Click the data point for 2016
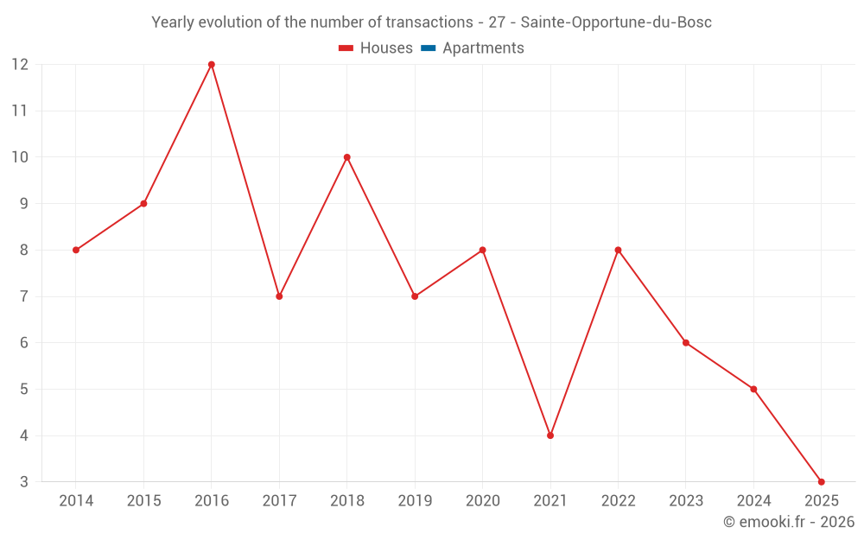coord(212,65)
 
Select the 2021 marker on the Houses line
coord(550,435)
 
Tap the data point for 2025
coord(821,482)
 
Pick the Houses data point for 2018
coord(347,157)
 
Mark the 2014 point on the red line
coord(76,250)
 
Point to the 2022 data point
coord(618,250)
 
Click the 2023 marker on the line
coord(686,343)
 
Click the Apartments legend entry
coord(483,48)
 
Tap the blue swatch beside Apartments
coord(428,48)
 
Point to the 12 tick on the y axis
coord(20,65)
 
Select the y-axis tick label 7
coord(24,296)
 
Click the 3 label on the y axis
coord(24,482)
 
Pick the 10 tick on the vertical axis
coord(20,157)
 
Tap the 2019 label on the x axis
coord(415,501)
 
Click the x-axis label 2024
coord(753,501)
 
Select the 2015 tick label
coord(143,501)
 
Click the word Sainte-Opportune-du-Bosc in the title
coord(616,22)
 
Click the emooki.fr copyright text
coord(789,522)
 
